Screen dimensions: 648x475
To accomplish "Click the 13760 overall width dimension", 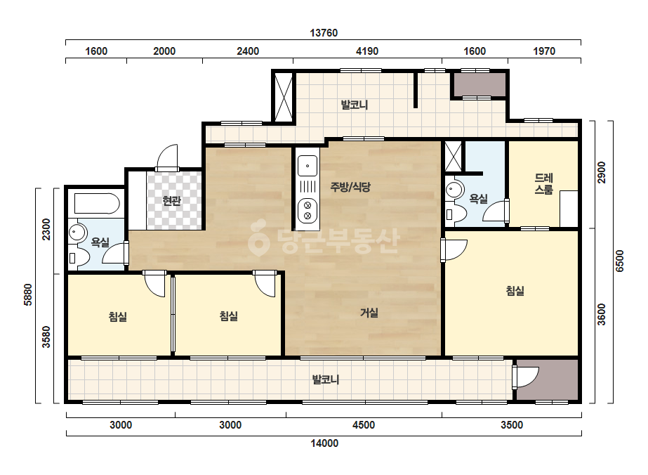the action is point(324,33).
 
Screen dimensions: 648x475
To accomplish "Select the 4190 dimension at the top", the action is point(367,51).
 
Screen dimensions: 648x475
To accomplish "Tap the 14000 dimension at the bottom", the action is point(324,443).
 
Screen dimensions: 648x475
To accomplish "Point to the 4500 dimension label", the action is point(364,425).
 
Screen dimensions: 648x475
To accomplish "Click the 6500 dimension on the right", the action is point(619,261).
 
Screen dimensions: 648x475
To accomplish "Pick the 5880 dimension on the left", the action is point(28,294).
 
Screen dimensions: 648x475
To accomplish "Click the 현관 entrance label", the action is point(172,201).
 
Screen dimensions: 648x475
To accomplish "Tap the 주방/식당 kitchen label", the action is point(350,187).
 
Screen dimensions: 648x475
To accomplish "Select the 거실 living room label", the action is point(369,313).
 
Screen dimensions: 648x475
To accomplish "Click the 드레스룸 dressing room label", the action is point(544,183).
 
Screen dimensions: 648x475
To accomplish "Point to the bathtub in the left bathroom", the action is point(97,204).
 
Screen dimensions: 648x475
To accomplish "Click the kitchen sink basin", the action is point(308,166).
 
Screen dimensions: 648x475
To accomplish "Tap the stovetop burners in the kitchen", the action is point(308,210).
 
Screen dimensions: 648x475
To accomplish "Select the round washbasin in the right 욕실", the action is point(454,190).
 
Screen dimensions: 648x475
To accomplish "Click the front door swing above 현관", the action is point(168,157).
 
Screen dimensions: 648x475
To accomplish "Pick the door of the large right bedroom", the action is point(454,250).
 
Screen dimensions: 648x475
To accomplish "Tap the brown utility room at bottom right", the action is point(548,379).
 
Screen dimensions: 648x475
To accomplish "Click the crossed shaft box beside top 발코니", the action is point(284,97).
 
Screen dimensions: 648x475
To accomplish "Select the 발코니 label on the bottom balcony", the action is point(326,379).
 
